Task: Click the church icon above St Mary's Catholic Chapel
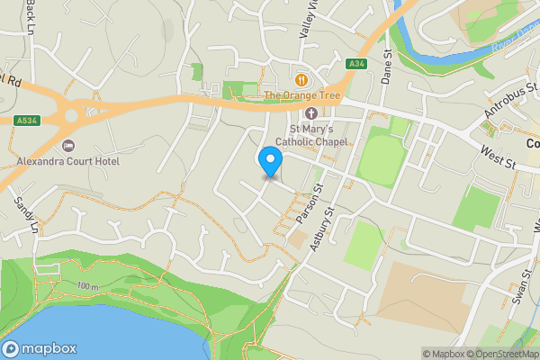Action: [x=311, y=113]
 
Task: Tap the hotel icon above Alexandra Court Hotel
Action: [x=67, y=146]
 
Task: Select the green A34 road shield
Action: [x=357, y=62]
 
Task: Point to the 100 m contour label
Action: [x=87, y=286]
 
